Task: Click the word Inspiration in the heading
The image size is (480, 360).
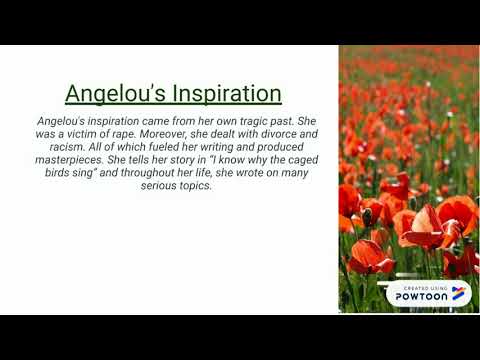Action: click(224, 94)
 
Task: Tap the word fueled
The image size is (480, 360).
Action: click(160, 146)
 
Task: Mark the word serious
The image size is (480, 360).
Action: click(163, 185)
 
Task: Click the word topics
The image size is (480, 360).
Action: click(199, 185)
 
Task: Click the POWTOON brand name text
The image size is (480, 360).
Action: click(422, 296)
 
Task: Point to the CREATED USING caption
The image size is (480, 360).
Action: click(422, 286)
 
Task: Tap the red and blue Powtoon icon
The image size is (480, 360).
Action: click(458, 292)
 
